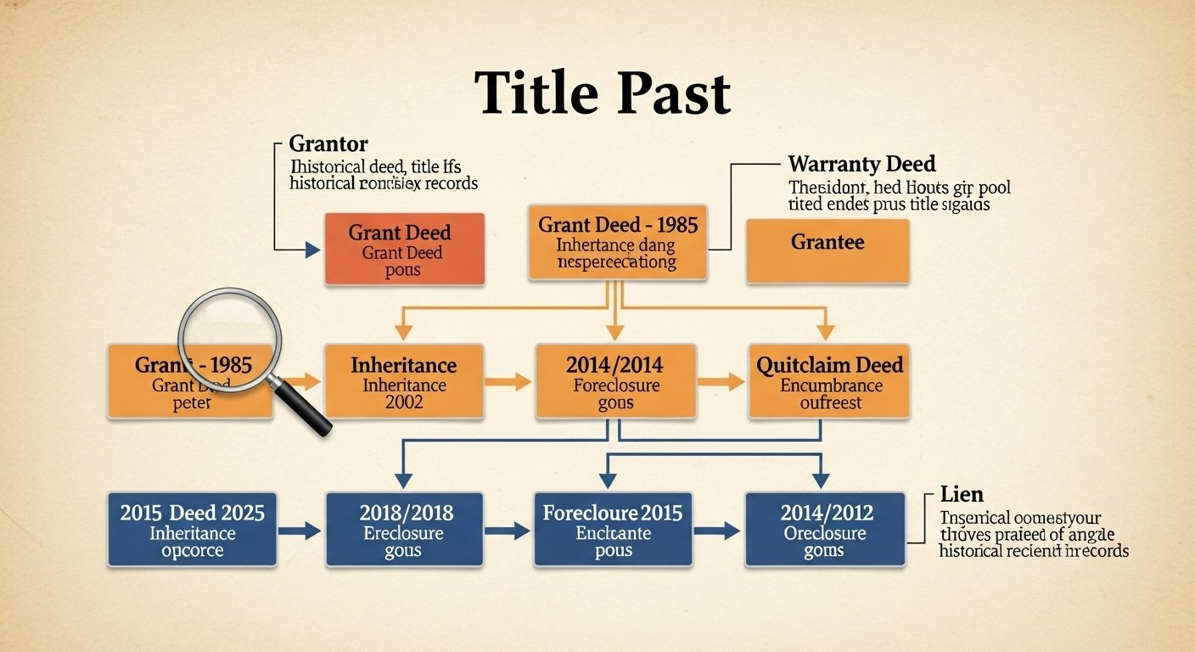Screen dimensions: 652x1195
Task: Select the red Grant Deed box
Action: point(404,249)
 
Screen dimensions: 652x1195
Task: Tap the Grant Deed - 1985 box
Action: point(617,242)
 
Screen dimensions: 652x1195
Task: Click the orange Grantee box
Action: point(828,250)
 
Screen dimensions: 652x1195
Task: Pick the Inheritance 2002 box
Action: point(404,381)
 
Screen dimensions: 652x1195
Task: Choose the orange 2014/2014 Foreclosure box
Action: point(615,381)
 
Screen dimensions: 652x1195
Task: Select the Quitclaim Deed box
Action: point(829,381)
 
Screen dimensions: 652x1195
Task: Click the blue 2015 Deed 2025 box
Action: point(192,530)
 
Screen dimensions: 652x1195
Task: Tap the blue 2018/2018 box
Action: point(404,530)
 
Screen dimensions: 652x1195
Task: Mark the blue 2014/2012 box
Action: point(824,530)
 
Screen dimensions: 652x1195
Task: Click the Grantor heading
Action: point(328,143)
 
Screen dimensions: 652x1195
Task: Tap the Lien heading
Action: point(962,494)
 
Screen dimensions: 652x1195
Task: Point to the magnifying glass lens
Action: point(227,337)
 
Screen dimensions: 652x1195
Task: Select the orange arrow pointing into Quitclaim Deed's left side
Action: point(723,382)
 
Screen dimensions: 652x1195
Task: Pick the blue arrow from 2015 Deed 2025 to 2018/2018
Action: point(300,531)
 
